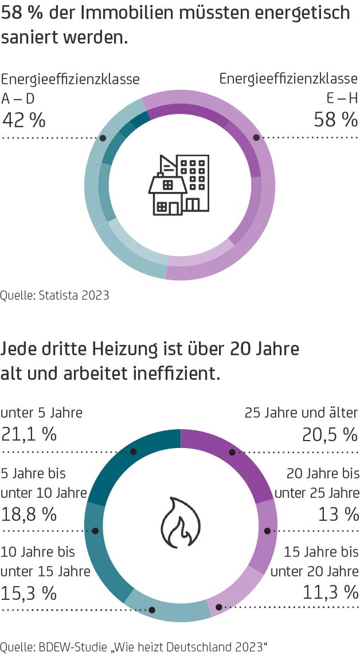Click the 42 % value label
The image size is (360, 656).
(x=24, y=120)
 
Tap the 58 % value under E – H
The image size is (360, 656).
(x=335, y=120)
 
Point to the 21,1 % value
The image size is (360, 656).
(x=29, y=434)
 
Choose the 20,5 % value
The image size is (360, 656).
(x=330, y=435)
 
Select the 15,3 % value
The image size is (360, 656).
(x=29, y=592)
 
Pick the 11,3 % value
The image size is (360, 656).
(x=330, y=592)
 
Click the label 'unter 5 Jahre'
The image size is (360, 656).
(x=41, y=413)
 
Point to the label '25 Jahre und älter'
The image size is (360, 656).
(x=301, y=413)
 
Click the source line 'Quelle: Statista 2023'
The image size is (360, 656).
(x=54, y=296)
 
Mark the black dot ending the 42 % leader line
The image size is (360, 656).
(x=103, y=138)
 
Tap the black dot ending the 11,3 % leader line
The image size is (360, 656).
(x=218, y=607)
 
